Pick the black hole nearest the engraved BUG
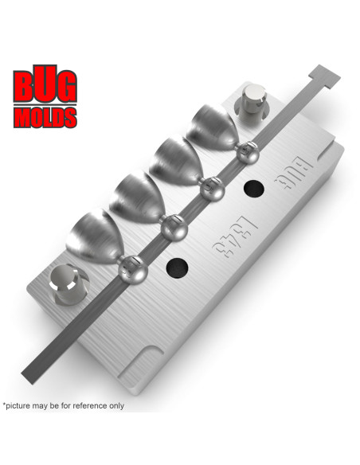tap(254, 190)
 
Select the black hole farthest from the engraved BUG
tap(177, 267)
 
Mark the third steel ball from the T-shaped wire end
tap(172, 230)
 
